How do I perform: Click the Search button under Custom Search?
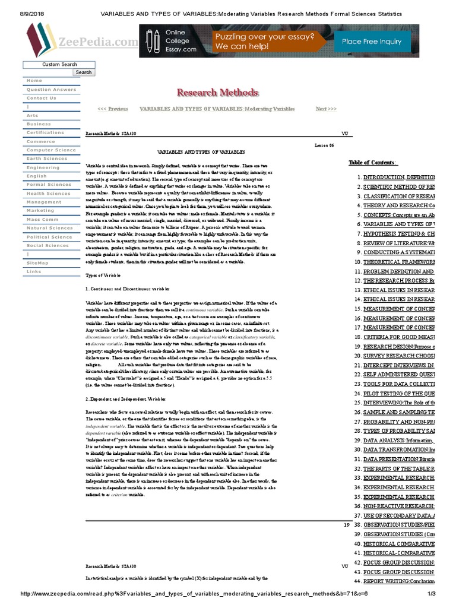pos(84,72)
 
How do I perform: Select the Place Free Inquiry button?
pos(372,42)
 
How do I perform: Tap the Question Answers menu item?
pos(51,90)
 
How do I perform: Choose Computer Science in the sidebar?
pos(51,150)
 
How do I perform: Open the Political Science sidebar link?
pos(49,237)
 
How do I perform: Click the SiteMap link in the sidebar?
pos(37,262)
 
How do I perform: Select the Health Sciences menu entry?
pos(48,194)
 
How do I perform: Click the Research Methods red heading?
pos(217,93)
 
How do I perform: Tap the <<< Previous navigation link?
pos(112,109)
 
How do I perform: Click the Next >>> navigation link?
pos(326,109)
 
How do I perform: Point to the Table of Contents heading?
pos(373,163)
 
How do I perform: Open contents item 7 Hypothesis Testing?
pos(398,234)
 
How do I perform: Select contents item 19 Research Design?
pos(398,347)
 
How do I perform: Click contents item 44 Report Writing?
pos(398,581)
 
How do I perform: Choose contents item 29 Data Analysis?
pos(398,441)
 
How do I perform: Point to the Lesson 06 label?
pos(324,145)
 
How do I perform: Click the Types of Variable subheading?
pos(103,275)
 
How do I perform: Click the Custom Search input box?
pos(59,64)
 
